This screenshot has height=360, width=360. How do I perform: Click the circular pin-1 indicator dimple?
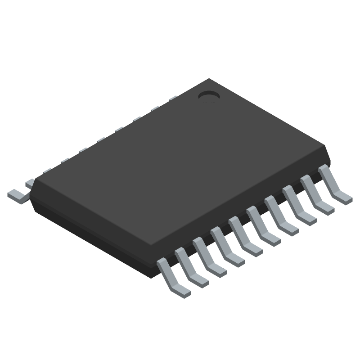[208, 95]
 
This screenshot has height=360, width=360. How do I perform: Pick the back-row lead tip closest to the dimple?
[173, 98]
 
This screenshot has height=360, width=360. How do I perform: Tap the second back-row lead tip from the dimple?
[155, 108]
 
